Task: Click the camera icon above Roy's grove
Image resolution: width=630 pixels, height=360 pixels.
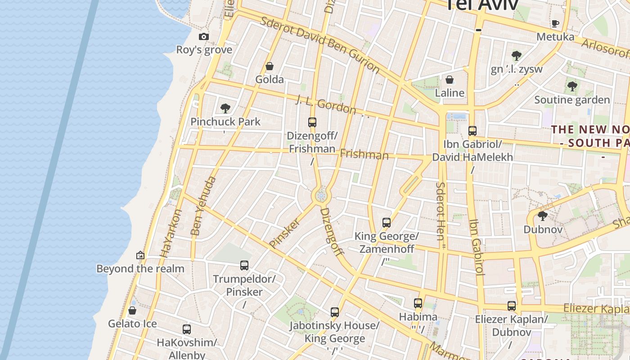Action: tap(204, 37)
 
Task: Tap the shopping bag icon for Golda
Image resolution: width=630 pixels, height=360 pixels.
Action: tap(270, 67)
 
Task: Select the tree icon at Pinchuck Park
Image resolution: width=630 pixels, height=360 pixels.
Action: tap(225, 108)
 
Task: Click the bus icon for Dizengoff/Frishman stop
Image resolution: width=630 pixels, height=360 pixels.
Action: tap(312, 122)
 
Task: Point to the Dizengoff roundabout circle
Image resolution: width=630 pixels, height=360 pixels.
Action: tap(321, 196)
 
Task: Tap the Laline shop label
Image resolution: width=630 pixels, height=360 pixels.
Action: tap(450, 93)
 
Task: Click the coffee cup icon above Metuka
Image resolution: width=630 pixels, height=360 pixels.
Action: tap(555, 23)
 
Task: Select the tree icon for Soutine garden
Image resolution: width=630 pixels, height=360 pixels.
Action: tap(572, 86)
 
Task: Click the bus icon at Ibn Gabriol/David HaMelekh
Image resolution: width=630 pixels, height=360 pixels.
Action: tap(472, 131)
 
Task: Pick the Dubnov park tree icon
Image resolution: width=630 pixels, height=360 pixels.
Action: tap(543, 216)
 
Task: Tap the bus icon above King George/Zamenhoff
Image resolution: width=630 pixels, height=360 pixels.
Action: tap(387, 222)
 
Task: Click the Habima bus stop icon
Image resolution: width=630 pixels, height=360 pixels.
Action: tap(418, 303)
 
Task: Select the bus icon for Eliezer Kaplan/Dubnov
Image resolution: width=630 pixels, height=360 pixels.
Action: tap(512, 306)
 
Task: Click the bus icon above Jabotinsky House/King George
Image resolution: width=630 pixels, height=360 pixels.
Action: tap(334, 312)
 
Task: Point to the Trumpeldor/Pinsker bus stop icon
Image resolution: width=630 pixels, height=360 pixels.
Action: tap(244, 265)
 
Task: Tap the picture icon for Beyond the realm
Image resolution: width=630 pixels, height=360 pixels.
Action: tap(140, 255)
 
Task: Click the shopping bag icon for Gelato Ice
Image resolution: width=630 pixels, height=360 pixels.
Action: tap(132, 310)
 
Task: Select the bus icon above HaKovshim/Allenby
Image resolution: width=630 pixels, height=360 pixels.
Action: tap(187, 329)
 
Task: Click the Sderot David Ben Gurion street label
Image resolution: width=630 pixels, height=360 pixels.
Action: tap(320, 44)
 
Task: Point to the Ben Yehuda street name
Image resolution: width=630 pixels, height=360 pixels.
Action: tap(203, 206)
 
